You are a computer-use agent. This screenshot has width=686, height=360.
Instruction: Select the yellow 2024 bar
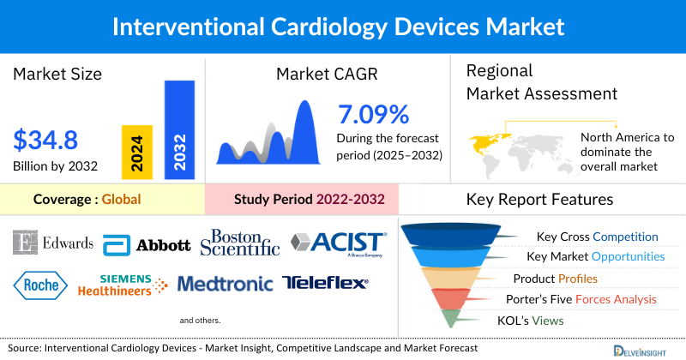pos(138,151)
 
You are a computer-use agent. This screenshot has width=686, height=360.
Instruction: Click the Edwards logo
pos(53,243)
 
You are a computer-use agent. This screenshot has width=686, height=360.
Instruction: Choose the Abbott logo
pos(147,245)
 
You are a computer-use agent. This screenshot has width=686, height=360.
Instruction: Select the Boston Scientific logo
pos(240,243)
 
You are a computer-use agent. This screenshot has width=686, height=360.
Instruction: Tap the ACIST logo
pos(337,244)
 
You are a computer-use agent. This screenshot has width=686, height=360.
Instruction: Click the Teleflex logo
pos(325,283)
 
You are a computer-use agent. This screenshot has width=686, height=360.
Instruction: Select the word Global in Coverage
pos(121,199)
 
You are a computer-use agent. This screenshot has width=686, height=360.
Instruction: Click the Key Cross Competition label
pos(597,237)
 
